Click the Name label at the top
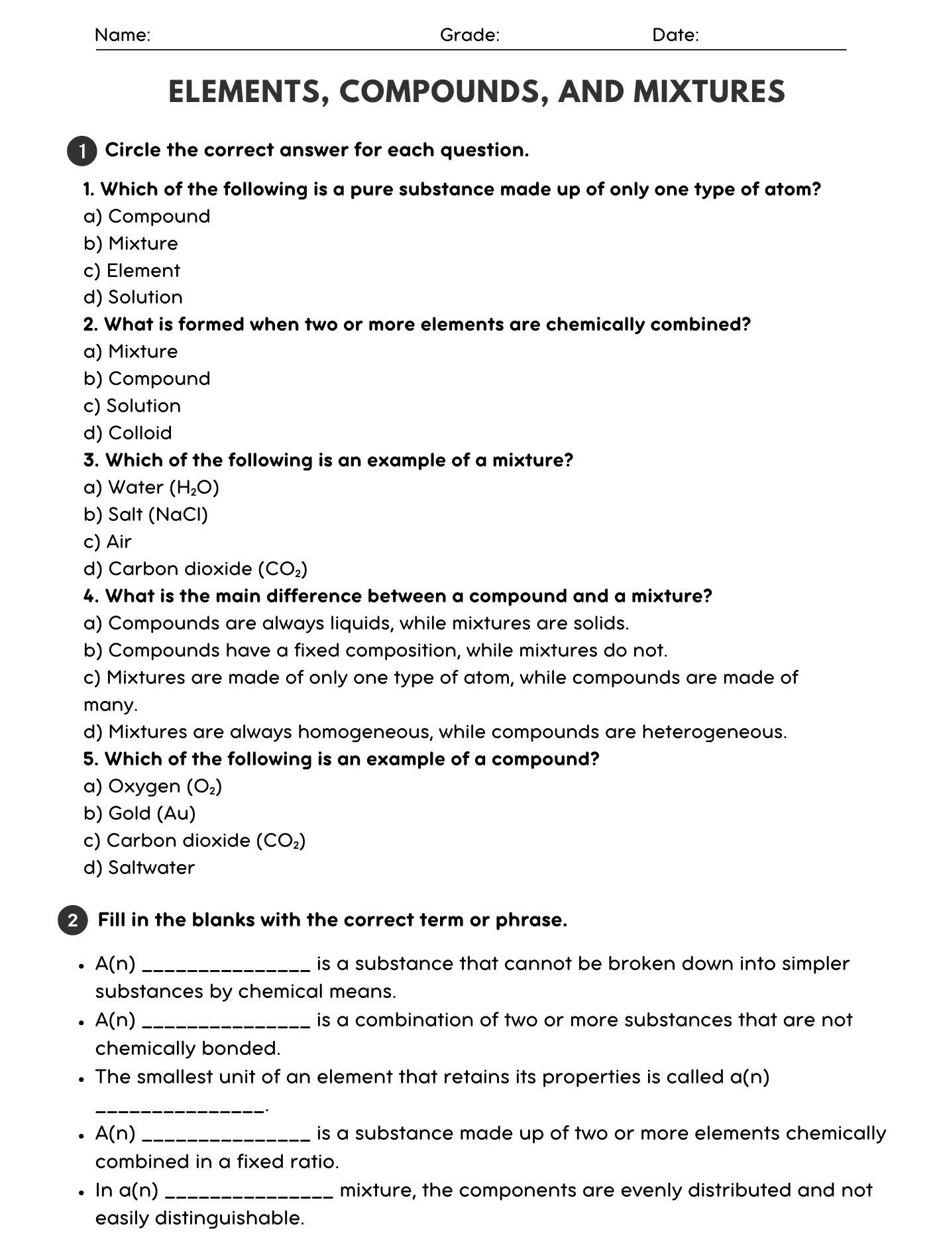tap(123, 35)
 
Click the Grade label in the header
tap(469, 35)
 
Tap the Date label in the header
tap(675, 35)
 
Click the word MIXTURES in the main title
tap(708, 91)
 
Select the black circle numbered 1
tap(82, 151)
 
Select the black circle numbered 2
tap(73, 920)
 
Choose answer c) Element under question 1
tap(132, 270)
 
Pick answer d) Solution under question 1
tap(133, 298)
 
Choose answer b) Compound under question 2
tap(146, 378)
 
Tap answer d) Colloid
tap(128, 433)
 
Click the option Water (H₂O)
tap(152, 488)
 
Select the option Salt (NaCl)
tap(146, 515)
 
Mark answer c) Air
tap(108, 542)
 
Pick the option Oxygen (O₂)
tap(153, 787)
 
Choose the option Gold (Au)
tap(140, 814)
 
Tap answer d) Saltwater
tap(139, 868)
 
